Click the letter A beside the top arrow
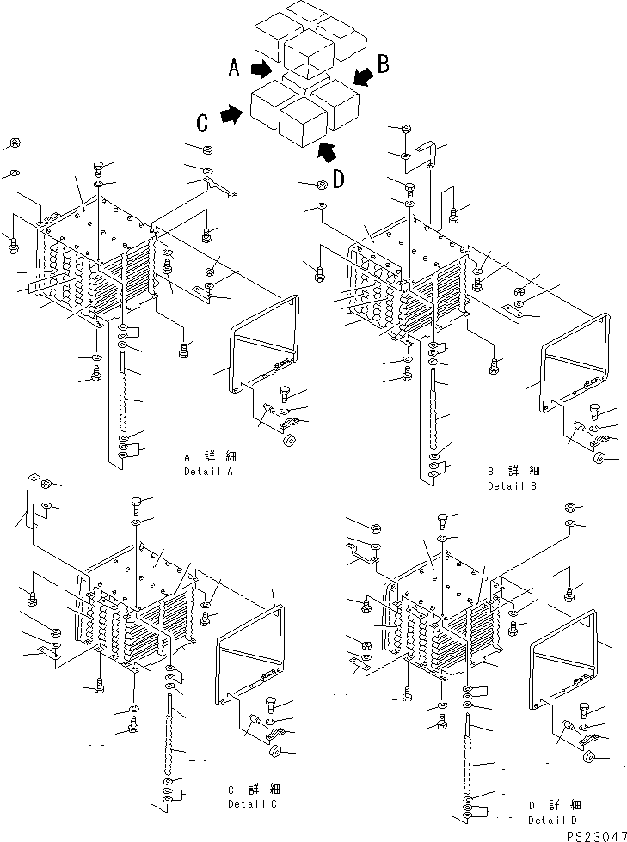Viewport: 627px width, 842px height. point(234,68)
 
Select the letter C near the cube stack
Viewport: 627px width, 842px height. point(202,123)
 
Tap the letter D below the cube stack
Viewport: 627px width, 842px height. point(339,179)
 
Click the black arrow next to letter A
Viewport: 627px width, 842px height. point(261,68)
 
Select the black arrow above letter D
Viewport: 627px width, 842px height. point(325,153)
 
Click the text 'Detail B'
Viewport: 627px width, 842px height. point(513,485)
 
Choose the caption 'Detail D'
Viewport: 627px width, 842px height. point(553,821)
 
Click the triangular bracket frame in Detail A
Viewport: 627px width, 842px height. point(266,345)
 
